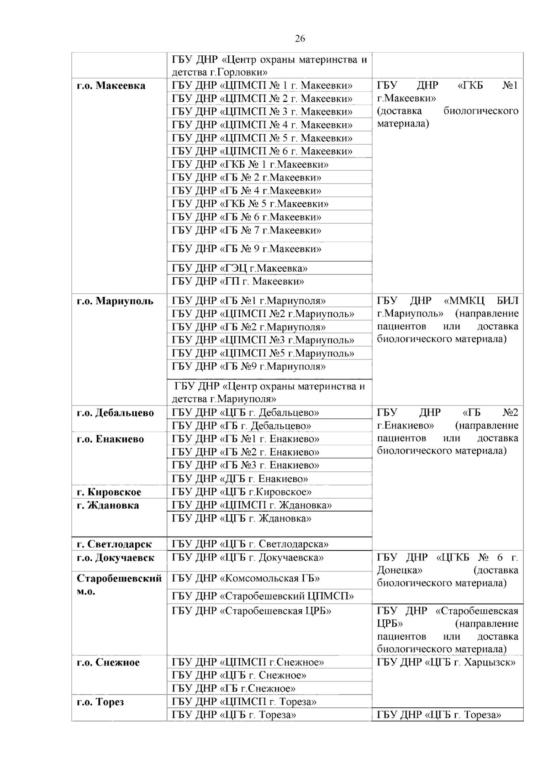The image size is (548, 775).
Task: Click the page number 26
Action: click(x=300, y=39)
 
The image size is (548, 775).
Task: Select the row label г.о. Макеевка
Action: click(x=111, y=86)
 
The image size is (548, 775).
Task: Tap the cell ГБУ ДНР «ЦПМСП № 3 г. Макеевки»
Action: click(x=262, y=112)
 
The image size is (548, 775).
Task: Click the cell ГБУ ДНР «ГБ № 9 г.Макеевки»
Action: click(x=247, y=249)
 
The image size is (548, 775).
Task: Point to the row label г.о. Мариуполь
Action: click(x=115, y=301)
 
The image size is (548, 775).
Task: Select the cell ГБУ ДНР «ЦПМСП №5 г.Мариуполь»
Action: click(x=263, y=353)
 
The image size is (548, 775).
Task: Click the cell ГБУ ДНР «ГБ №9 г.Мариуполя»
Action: click(x=249, y=366)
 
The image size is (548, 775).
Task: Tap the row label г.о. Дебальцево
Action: click(x=116, y=413)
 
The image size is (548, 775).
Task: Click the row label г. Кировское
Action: click(x=109, y=492)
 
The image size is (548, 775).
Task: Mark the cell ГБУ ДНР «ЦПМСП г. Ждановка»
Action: click(x=252, y=505)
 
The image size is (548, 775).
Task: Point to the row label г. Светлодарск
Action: click(x=114, y=544)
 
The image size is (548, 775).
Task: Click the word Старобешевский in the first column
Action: click(x=119, y=579)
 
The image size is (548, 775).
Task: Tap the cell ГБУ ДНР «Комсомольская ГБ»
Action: click(x=246, y=579)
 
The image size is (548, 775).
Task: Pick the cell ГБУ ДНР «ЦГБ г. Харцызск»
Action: click(x=446, y=662)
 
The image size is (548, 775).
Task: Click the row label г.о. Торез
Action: click(x=100, y=702)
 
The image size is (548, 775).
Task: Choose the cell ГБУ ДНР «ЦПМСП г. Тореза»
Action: click(x=244, y=701)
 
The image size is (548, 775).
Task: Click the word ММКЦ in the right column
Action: click(x=461, y=301)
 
